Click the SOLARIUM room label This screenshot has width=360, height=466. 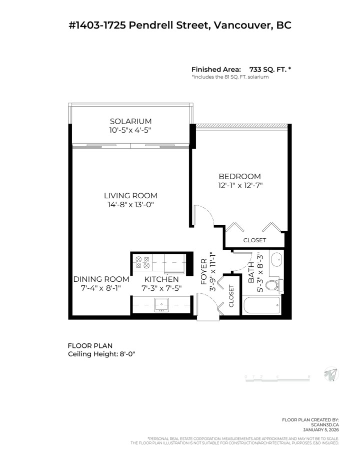click(130, 121)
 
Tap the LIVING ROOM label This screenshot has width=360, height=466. click(130, 195)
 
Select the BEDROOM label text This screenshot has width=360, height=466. click(240, 176)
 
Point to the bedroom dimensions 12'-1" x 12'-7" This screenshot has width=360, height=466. click(240, 185)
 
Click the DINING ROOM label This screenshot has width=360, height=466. click(101, 279)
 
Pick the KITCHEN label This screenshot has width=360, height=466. click(161, 279)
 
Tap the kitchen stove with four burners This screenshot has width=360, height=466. click(141, 264)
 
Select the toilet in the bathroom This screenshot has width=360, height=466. click(273, 285)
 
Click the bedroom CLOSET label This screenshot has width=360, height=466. click(254, 240)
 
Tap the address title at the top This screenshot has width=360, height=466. click(180, 25)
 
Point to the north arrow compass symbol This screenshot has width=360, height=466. click(330, 373)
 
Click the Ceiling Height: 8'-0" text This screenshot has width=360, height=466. click(101, 354)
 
